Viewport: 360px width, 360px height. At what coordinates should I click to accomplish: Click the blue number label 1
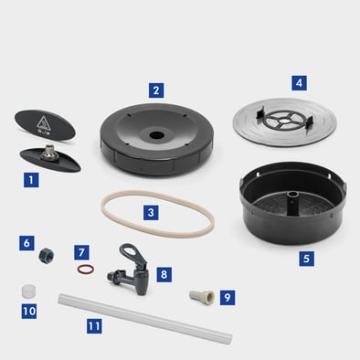[x=31, y=180]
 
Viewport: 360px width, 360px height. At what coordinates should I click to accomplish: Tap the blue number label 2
[x=156, y=90]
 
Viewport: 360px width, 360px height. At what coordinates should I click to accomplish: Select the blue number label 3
[x=151, y=212]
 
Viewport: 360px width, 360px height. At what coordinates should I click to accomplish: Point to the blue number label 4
[x=299, y=83]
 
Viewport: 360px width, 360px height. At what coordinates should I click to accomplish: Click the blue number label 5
[x=306, y=259]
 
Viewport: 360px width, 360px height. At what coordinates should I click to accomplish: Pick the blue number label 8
[x=164, y=274]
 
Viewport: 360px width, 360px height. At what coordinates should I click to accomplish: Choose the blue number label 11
[x=94, y=326]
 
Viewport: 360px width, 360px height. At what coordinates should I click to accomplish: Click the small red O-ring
[x=86, y=270]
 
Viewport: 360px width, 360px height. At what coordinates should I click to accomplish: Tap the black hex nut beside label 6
[x=47, y=255]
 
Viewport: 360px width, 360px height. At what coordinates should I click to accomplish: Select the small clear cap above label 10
[x=28, y=291]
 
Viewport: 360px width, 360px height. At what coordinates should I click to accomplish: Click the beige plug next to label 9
[x=202, y=297]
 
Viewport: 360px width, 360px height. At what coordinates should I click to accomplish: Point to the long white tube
[x=145, y=318]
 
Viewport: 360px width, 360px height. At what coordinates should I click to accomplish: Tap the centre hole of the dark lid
[x=157, y=134]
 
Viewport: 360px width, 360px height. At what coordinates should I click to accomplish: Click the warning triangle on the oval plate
[x=43, y=123]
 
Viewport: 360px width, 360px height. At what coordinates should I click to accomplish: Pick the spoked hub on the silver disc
[x=284, y=120]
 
